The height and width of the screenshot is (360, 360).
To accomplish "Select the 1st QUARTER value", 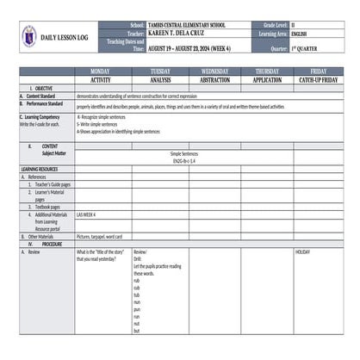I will click(x=307, y=49).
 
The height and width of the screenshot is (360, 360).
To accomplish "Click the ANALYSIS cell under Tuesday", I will click(x=160, y=79).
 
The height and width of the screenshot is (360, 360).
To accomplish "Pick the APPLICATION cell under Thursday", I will click(x=267, y=79).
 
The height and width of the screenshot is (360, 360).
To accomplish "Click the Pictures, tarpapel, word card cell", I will click(x=99, y=236).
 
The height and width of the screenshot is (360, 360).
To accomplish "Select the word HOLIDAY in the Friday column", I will click(x=302, y=252).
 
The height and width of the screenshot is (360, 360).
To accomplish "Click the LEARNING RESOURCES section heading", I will click(x=40, y=169).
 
